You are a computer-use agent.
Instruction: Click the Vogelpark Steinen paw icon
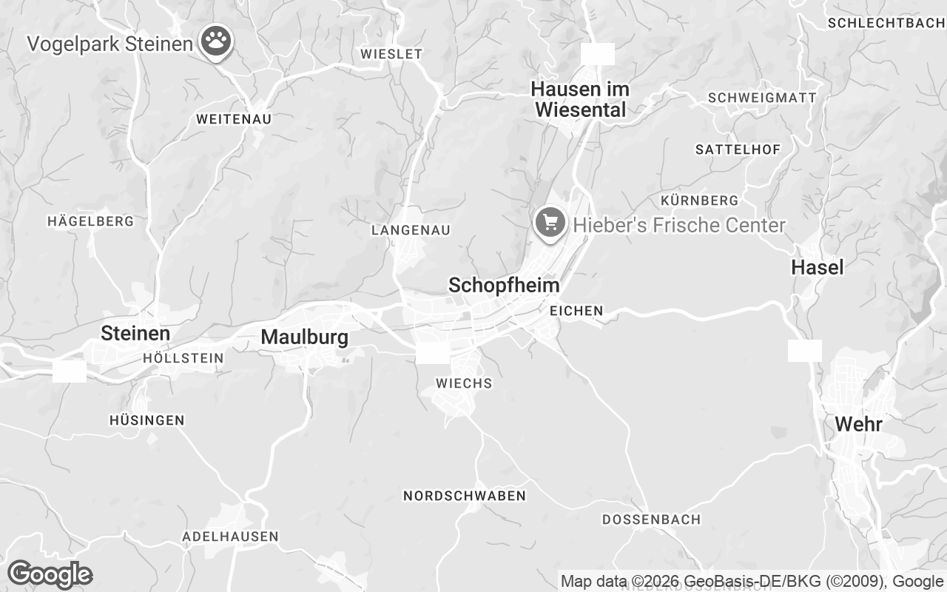click(x=215, y=42)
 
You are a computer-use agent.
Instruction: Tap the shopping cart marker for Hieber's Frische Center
click(x=550, y=222)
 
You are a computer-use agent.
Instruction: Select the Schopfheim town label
click(x=504, y=286)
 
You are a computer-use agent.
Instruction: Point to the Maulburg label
click(x=304, y=337)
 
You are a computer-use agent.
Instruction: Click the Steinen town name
click(x=135, y=334)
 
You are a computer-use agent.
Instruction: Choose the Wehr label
click(x=858, y=425)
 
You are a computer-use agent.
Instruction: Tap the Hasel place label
click(x=818, y=267)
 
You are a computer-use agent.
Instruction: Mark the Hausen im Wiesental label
click(x=580, y=99)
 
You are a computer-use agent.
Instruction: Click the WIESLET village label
click(x=391, y=54)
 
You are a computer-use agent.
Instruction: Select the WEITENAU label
click(x=234, y=119)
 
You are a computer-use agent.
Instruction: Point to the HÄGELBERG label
click(x=90, y=221)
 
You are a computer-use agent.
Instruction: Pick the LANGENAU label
click(x=411, y=230)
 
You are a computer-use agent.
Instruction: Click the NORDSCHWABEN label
click(x=464, y=496)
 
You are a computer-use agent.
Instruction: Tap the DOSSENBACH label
click(x=651, y=519)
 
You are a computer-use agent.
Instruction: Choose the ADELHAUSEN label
click(x=231, y=536)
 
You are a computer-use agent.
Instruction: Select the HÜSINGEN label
click(x=146, y=420)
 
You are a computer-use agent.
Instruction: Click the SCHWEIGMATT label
click(x=762, y=98)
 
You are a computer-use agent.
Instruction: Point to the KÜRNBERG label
click(x=699, y=201)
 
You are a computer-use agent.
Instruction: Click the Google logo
click(x=50, y=574)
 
